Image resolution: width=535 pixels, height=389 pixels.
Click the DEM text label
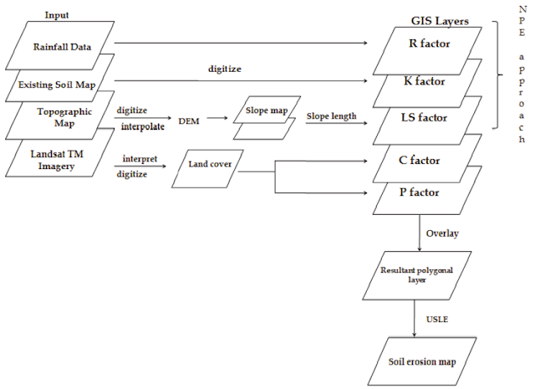(x=188, y=120)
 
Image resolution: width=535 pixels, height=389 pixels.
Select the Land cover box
(x=209, y=164)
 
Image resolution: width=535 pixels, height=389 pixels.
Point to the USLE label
(x=438, y=318)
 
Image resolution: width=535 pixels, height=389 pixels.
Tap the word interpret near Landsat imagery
(x=140, y=157)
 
